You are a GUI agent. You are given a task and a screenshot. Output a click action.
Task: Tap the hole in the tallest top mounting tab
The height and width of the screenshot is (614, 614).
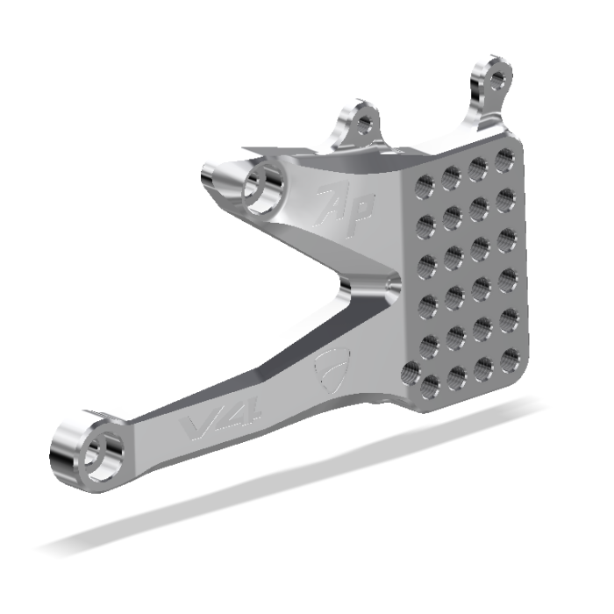point(497,82)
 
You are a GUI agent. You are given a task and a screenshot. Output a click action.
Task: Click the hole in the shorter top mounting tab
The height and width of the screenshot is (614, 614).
point(361,125)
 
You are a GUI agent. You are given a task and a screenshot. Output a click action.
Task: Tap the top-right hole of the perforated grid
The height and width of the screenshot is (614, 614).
point(504,160)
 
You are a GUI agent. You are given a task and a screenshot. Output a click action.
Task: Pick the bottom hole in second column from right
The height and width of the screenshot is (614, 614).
point(483,368)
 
